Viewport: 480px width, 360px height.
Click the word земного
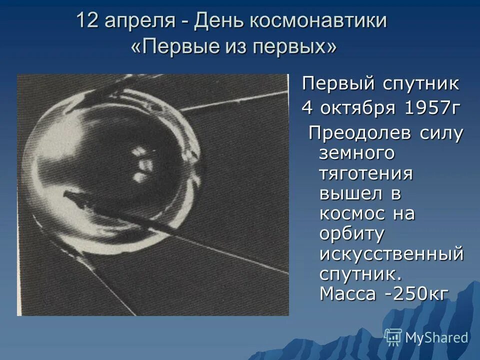coord(356,154)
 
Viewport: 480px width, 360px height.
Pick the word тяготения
coord(366,173)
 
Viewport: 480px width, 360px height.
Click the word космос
coord(352,213)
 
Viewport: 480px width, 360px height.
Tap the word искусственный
coord(391,254)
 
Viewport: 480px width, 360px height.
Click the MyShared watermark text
coord(436,337)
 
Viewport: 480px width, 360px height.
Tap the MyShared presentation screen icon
coord(393,337)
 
